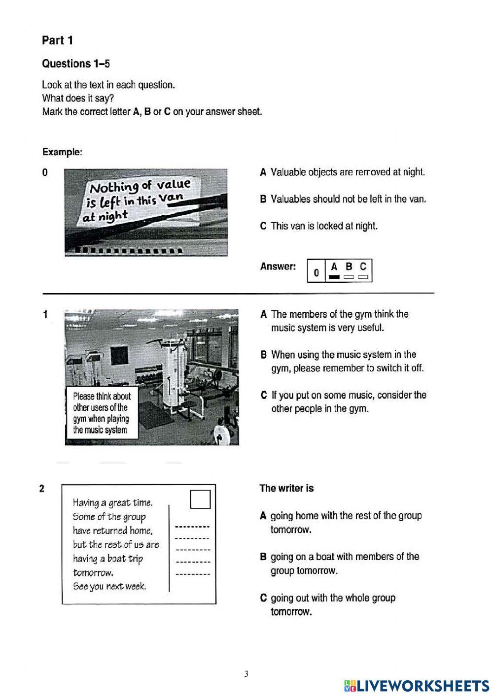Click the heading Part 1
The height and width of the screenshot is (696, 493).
pyautogui.click(x=57, y=40)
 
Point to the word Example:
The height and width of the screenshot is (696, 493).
pyautogui.click(x=62, y=152)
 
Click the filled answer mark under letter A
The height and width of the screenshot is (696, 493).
pyautogui.click(x=334, y=277)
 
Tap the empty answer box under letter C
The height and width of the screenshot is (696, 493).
pyautogui.click(x=363, y=277)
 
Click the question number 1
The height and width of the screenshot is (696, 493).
pyautogui.click(x=45, y=314)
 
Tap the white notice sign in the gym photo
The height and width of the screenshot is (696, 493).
pyautogui.click(x=102, y=413)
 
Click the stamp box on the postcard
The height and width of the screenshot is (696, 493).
pyautogui.click(x=200, y=499)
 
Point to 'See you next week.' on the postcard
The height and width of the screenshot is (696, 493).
pyautogui.click(x=109, y=586)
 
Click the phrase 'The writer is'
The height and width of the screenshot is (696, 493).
pyautogui.click(x=286, y=488)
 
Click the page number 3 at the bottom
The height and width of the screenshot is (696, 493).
pyautogui.click(x=246, y=674)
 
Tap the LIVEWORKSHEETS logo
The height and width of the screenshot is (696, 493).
pyautogui.click(x=417, y=686)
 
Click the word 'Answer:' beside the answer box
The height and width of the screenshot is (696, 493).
pyautogui.click(x=278, y=266)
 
